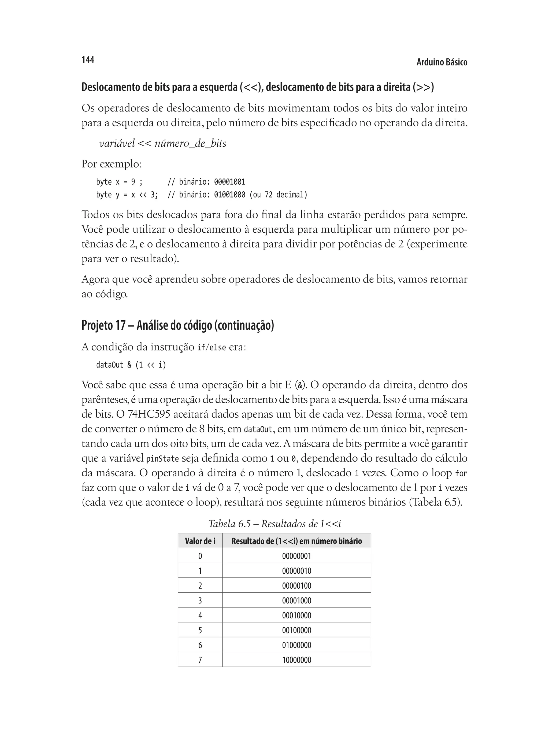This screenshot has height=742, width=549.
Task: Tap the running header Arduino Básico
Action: [x=442, y=62]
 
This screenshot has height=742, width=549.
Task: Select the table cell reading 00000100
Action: [x=296, y=585]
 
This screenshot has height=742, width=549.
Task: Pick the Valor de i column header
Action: [x=200, y=541]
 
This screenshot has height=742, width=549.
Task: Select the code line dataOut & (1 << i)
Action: [x=131, y=365]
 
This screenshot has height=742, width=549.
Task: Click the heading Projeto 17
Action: [x=178, y=325]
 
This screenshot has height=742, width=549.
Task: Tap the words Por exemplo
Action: [x=112, y=164]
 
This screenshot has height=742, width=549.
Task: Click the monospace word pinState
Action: [x=162, y=459]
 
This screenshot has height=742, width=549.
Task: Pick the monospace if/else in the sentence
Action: [x=211, y=348]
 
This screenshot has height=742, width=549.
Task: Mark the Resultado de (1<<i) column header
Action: [x=296, y=541]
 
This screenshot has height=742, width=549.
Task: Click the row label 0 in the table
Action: [x=200, y=556]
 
